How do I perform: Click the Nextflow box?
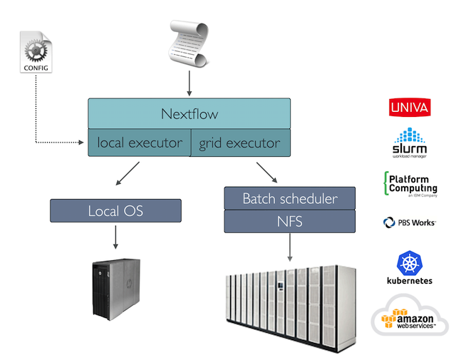click(189, 114)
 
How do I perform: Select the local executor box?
click(140, 143)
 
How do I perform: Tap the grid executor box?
click(240, 143)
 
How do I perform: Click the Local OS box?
click(115, 211)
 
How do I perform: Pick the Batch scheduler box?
click(289, 198)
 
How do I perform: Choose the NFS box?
click(289, 222)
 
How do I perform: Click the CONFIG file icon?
click(35, 52)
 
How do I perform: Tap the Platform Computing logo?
click(410, 183)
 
